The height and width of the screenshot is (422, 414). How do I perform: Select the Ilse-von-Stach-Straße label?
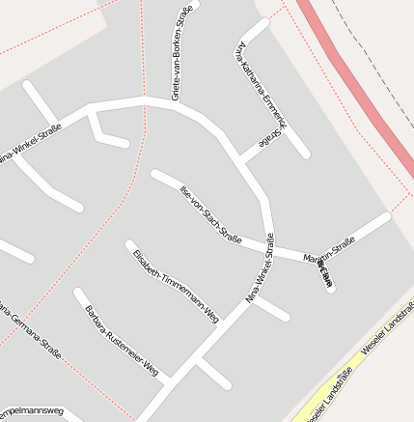point(210,211)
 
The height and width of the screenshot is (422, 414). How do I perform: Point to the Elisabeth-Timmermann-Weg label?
point(177,285)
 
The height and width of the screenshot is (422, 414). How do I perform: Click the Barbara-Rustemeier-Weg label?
point(121,340)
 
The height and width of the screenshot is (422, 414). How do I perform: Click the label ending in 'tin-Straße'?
point(330,249)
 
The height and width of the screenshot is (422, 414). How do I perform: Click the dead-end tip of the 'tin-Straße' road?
point(387,216)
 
